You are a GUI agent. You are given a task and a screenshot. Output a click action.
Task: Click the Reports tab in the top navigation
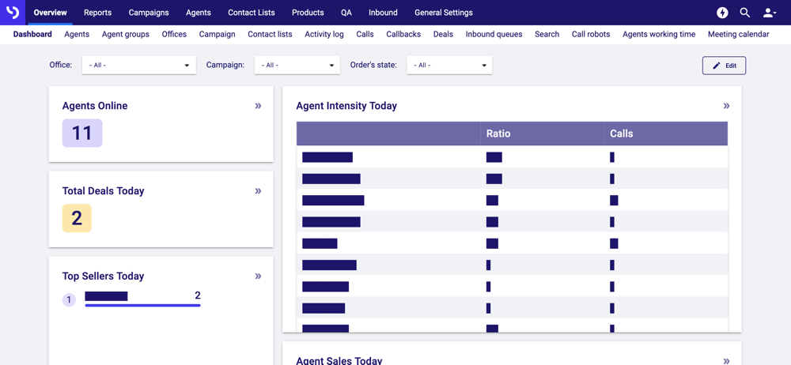tap(97, 13)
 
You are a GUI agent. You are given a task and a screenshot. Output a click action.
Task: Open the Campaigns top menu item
tap(149, 13)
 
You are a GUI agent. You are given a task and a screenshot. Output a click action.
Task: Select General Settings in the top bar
tap(443, 13)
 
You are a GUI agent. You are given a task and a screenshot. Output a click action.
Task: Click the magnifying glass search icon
tap(745, 13)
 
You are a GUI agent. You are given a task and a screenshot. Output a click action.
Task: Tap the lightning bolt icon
tap(722, 13)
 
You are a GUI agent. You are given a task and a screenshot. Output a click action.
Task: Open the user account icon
tap(769, 13)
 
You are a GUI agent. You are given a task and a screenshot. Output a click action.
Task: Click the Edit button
tap(724, 66)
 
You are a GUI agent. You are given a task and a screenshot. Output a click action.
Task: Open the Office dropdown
tap(138, 66)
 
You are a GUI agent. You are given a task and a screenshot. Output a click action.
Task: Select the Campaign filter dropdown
tap(297, 66)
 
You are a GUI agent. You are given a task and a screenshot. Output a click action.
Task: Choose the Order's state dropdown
tap(449, 66)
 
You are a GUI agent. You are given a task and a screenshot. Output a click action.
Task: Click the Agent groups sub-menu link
tap(126, 35)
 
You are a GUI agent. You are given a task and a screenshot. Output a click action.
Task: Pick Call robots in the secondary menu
tap(591, 35)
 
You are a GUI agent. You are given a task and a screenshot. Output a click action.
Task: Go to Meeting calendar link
tap(738, 35)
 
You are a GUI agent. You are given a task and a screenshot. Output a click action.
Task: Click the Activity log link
tap(324, 35)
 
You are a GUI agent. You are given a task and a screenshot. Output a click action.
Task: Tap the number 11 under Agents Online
tap(82, 133)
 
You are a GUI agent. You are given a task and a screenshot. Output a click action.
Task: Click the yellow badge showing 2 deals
tap(77, 218)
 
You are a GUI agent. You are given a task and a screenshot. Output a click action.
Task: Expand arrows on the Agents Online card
tap(258, 106)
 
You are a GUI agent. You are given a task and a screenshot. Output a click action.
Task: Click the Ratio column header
tap(498, 134)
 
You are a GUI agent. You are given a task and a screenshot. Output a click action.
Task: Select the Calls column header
tap(622, 134)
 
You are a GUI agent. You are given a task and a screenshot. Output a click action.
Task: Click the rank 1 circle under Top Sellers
tap(69, 300)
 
